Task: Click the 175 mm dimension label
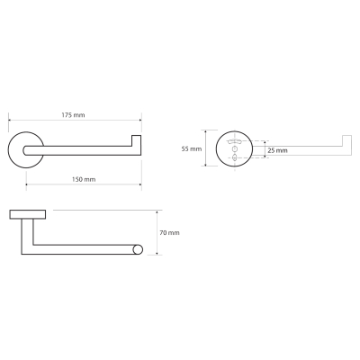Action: click(73, 115)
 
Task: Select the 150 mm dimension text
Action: click(84, 179)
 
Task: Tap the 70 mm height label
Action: click(169, 232)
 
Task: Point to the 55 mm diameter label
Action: click(192, 148)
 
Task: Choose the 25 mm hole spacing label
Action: click(277, 150)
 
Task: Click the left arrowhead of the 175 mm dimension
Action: click(10, 121)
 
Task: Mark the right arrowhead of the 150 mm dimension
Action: click(139, 184)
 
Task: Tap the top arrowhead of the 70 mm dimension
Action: click(157, 212)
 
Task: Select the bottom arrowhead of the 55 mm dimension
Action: click(205, 164)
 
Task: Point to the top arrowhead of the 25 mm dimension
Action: click(265, 143)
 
